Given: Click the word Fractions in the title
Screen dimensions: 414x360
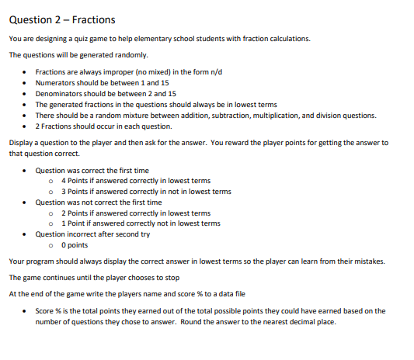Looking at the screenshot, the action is [92, 19].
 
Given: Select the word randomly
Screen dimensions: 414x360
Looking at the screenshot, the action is [134, 55].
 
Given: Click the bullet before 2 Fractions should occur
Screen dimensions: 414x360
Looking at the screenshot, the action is [26, 126].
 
